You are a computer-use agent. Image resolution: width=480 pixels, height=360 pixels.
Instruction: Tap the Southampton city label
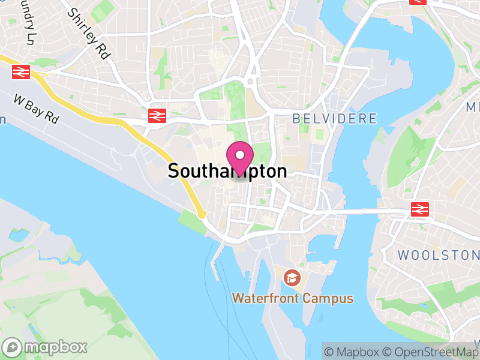point(227,172)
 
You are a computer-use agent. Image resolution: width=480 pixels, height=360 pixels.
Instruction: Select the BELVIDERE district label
point(335,118)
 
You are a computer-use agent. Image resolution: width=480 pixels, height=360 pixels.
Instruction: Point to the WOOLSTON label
point(438,254)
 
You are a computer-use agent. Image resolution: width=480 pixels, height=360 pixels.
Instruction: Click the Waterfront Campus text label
point(293,298)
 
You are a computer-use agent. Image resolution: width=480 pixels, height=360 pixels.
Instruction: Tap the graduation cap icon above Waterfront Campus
point(292,278)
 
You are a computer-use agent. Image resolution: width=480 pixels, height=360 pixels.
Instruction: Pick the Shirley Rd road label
point(89,34)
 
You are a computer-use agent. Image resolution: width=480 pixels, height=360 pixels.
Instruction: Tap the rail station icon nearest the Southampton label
point(157,115)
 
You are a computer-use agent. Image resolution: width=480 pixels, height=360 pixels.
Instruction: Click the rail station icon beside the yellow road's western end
point(20,73)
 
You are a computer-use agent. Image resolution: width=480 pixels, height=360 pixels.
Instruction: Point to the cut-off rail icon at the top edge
point(418,2)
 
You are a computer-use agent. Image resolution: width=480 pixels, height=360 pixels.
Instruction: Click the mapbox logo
point(46,347)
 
